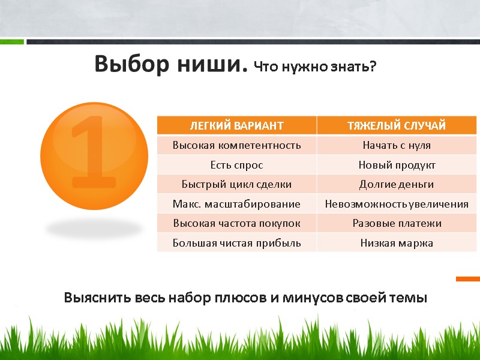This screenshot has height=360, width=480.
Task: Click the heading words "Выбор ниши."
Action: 170,64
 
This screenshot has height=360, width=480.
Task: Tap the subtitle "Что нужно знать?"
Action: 315,67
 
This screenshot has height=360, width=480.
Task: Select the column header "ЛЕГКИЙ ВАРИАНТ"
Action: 236,125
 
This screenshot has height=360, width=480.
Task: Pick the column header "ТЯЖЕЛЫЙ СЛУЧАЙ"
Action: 397,125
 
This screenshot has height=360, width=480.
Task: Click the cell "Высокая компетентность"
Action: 236,145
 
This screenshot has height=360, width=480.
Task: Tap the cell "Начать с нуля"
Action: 397,145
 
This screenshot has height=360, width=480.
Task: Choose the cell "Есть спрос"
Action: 236,164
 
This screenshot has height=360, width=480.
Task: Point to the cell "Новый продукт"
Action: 397,164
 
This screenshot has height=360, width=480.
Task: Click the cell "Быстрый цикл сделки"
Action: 236,184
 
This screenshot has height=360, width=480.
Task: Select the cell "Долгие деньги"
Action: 397,184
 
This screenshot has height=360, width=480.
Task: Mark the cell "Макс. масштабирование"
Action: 236,204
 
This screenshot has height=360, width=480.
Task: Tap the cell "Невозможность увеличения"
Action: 397,204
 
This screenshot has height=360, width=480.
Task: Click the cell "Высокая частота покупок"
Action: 236,223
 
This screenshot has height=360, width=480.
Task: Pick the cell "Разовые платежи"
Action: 397,223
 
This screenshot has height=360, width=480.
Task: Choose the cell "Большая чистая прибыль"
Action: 236,243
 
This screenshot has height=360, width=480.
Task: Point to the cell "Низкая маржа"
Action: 397,243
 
